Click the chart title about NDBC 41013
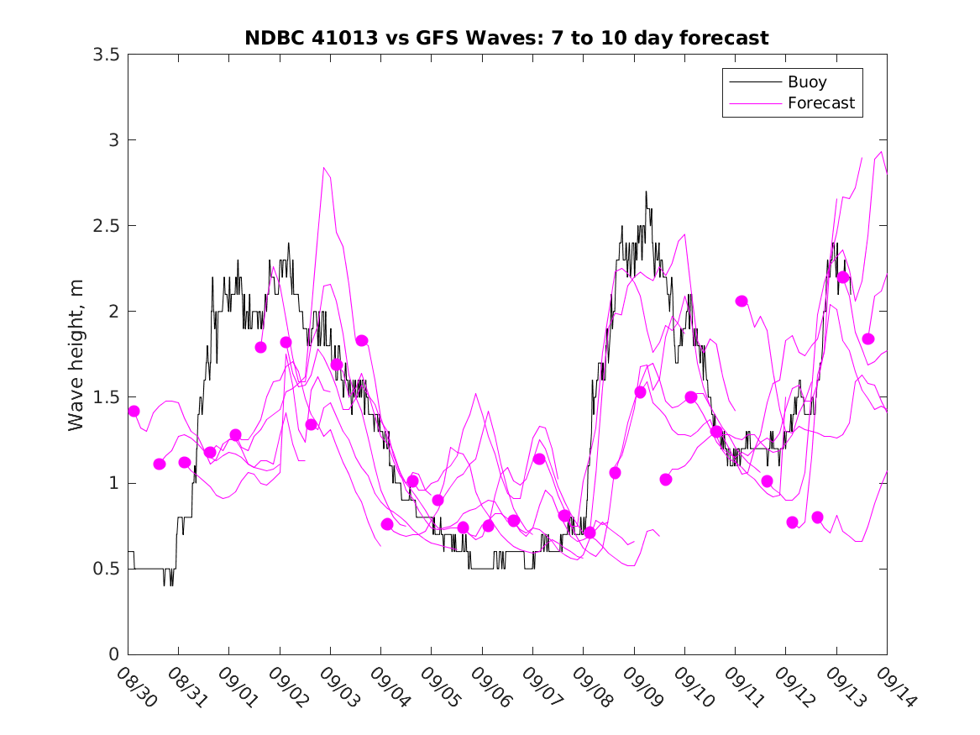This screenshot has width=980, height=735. click(506, 38)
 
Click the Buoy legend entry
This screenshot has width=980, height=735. click(806, 82)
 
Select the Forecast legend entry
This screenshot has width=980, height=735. click(820, 103)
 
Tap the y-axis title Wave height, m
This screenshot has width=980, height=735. click(76, 353)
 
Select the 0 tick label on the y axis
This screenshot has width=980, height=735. click(113, 654)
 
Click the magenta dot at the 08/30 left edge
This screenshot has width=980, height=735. click(134, 411)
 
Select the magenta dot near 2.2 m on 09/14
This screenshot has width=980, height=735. click(843, 277)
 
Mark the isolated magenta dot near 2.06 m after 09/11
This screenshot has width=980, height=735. click(742, 301)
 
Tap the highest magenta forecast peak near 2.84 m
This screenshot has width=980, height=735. click(324, 168)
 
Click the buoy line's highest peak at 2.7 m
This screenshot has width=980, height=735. click(646, 192)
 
